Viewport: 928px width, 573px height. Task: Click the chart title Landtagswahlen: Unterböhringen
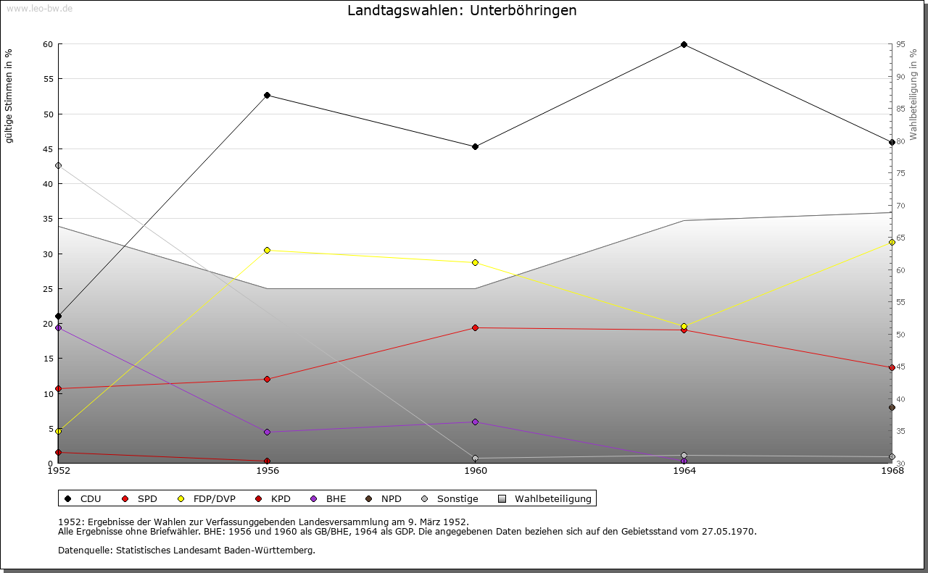[x=462, y=11]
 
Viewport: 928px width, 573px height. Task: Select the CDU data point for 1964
[x=684, y=45]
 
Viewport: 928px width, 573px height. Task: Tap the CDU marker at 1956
[x=267, y=96]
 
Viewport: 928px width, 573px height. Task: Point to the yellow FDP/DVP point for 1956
[x=267, y=251]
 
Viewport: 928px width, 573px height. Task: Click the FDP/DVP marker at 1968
[x=892, y=242]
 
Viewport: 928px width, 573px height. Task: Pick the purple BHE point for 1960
[x=475, y=422]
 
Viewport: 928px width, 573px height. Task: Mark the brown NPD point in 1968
[x=892, y=408]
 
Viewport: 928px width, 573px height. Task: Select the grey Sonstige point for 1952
[x=59, y=166]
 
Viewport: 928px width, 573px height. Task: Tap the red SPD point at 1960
[x=475, y=328]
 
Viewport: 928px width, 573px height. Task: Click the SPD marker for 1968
[x=892, y=368]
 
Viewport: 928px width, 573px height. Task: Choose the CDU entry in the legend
[x=83, y=499]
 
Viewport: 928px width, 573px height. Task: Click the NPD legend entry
[x=384, y=499]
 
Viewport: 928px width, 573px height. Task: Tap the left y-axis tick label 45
[x=48, y=149]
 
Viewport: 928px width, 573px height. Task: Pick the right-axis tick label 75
[x=900, y=174]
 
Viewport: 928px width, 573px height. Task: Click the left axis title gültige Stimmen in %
[x=9, y=96]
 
